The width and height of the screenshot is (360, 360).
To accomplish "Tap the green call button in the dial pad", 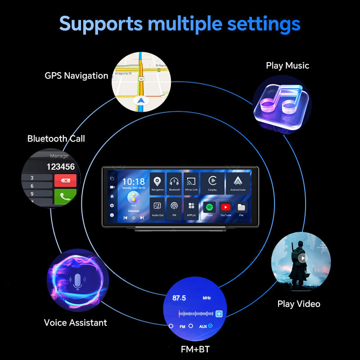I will tap(65, 196).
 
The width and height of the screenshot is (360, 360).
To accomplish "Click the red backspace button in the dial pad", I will tap(65, 180).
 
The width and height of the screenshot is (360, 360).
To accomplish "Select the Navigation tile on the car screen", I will tap(157, 184).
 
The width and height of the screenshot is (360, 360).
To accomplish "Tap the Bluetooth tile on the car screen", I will tap(174, 184).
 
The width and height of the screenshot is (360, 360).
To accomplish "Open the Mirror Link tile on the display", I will tap(191, 184).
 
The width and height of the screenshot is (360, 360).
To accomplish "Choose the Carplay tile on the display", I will tap(212, 184).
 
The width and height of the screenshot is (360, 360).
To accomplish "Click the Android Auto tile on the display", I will tap(238, 184).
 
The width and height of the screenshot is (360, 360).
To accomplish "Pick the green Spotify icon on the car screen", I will tap(209, 207).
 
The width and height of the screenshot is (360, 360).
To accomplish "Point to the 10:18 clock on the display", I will tap(133, 182).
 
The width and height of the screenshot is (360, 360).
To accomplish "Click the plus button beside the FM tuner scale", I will tap(219, 314).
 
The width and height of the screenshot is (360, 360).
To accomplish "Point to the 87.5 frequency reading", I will tap(180, 298).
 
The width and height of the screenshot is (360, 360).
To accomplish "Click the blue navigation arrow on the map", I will tap(141, 100).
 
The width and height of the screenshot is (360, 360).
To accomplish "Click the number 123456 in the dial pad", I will tap(60, 166).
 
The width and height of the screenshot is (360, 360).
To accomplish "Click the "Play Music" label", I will tap(288, 66).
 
